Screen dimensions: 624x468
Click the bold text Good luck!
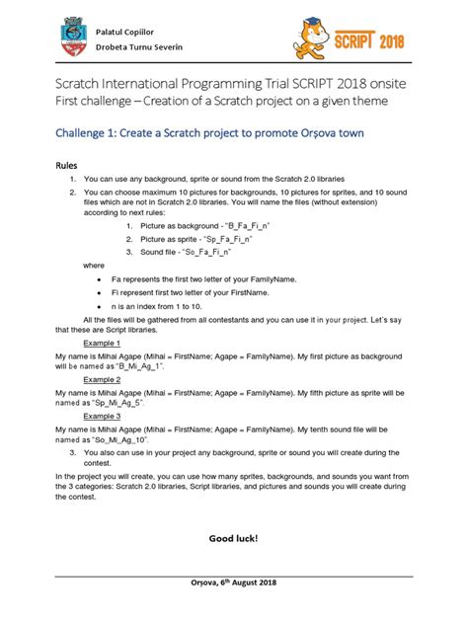pos(233,538)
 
